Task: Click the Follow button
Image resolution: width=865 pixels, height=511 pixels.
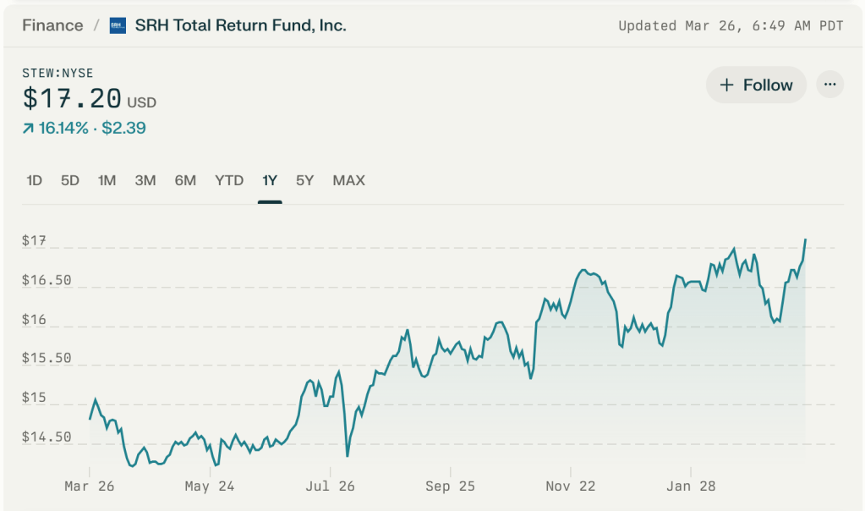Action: click(756, 85)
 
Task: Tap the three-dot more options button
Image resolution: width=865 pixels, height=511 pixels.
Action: click(829, 85)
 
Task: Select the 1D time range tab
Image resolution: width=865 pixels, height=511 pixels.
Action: click(35, 180)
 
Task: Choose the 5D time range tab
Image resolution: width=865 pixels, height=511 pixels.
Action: click(70, 180)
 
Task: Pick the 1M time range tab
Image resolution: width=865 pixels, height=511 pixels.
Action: click(107, 180)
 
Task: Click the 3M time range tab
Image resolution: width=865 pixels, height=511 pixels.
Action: click(145, 180)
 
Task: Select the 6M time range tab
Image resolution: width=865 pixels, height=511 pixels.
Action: click(185, 180)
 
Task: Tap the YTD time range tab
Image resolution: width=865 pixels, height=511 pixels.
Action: click(229, 180)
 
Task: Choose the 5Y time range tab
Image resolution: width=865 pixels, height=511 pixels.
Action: click(304, 180)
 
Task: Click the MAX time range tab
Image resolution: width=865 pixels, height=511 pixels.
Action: click(348, 180)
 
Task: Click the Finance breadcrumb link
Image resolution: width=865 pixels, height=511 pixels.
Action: click(52, 25)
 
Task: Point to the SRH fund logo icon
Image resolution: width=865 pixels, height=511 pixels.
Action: click(118, 25)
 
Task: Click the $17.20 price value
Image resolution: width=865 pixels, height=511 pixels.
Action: click(73, 99)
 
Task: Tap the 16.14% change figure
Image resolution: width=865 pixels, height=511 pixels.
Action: click(63, 128)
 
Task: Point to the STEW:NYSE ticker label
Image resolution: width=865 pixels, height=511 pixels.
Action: click(57, 74)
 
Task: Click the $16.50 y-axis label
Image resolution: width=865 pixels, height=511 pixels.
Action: click(47, 280)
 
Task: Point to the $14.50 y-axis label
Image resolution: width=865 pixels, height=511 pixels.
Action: click(47, 437)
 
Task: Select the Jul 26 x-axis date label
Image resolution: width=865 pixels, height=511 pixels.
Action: click(330, 486)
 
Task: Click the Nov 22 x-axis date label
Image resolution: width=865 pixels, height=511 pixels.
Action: click(570, 486)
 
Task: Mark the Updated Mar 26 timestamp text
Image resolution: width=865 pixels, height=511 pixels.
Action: click(731, 25)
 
